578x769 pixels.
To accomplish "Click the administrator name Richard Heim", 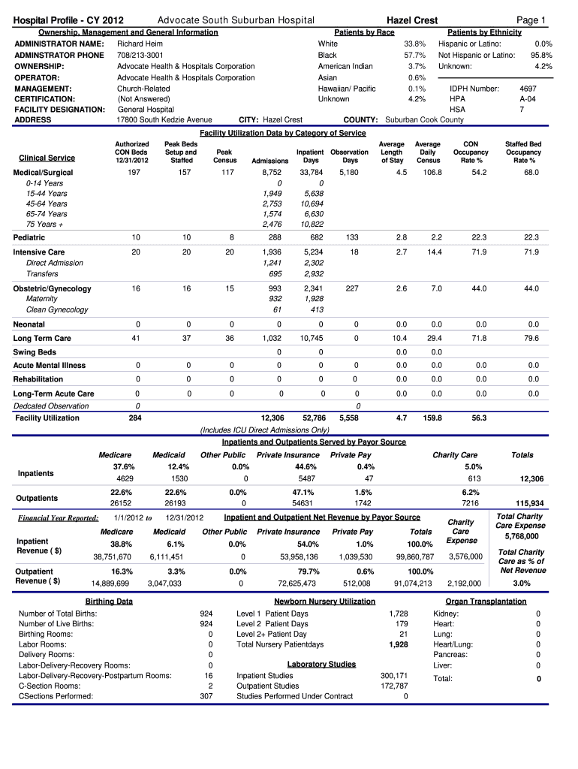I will pyautogui.click(x=140, y=44).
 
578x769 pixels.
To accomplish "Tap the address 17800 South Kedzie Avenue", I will pyautogui.click(x=164, y=120).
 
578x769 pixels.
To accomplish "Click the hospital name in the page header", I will pyautogui.click(x=236, y=20).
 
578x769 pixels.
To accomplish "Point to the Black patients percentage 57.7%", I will pyautogui.click(x=415, y=56).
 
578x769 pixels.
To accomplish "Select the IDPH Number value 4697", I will pyautogui.click(x=528, y=88).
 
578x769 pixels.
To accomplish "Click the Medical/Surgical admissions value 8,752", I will pyautogui.click(x=271, y=173).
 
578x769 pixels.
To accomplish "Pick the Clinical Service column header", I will pyautogui.click(x=47, y=158).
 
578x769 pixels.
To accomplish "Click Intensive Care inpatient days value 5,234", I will pyautogui.click(x=313, y=253).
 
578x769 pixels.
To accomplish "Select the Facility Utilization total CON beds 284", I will pyautogui.click(x=135, y=418).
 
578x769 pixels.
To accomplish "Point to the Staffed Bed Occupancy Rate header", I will pyautogui.click(x=523, y=152).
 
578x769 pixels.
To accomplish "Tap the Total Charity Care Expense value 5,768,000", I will pyautogui.click(x=521, y=537).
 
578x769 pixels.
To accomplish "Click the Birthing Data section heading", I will pyautogui.click(x=109, y=602).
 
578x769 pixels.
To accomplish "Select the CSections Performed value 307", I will pyautogui.click(x=206, y=696).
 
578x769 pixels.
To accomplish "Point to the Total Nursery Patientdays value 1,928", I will pyautogui.click(x=398, y=645).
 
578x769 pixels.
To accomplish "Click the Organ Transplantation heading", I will pyautogui.click(x=486, y=602).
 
